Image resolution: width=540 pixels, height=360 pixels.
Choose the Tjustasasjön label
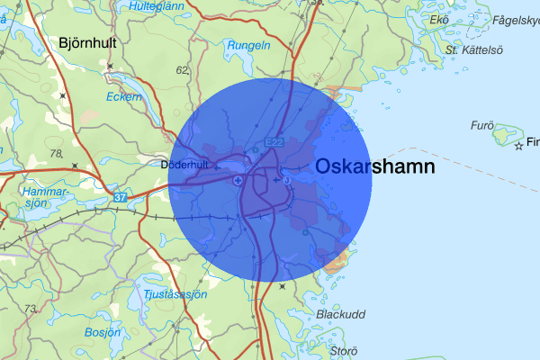pyautogui.click(x=175, y=294)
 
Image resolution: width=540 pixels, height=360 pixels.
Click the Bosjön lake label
pyautogui.click(x=102, y=332)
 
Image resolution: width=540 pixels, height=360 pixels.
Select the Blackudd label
pyautogui.click(x=340, y=314)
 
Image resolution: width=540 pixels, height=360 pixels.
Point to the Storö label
pyautogui.click(x=344, y=350)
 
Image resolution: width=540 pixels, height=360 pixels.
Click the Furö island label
pyautogui.click(x=483, y=125)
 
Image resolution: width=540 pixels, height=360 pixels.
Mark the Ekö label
pyautogui.click(x=439, y=20)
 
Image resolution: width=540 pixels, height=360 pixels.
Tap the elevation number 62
pyautogui.click(x=183, y=69)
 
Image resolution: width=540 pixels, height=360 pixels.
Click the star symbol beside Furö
pyautogui.click(x=518, y=144)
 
